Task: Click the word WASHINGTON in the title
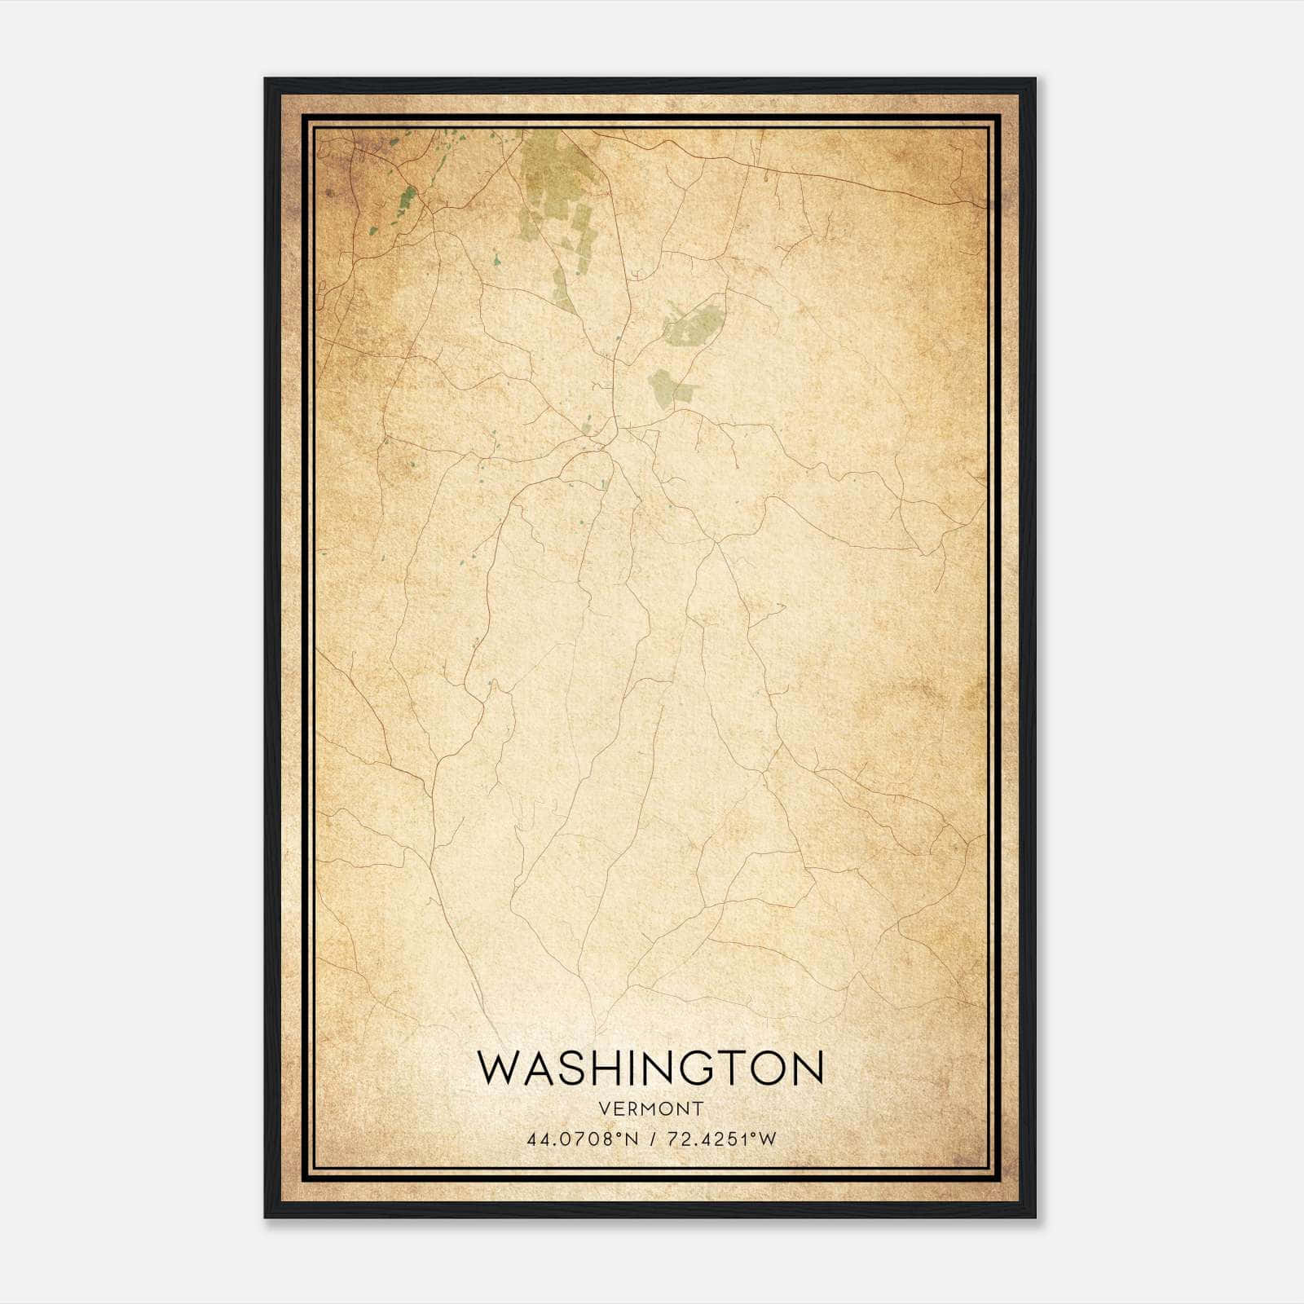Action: pyautogui.click(x=650, y=1068)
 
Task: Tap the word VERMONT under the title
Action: pyautogui.click(x=650, y=1108)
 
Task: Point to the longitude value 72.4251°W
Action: pyautogui.click(x=721, y=1139)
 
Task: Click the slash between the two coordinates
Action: pyautogui.click(x=652, y=1139)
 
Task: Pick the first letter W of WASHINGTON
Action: pyautogui.click(x=496, y=1068)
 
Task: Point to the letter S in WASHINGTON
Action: pyautogui.click(x=571, y=1068)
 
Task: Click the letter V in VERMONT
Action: pyautogui.click(x=603, y=1108)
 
